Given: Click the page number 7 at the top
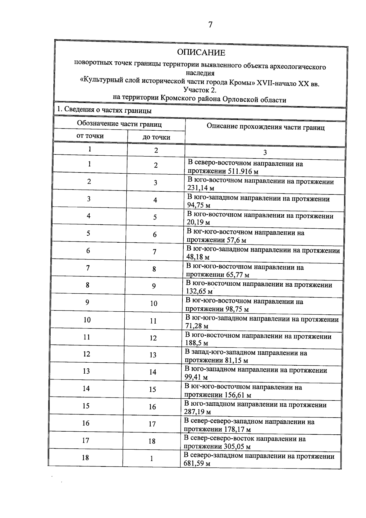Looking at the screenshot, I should tap(210, 25).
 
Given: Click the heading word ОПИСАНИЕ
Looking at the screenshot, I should tap(201, 53).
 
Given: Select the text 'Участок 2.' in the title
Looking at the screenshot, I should tap(200, 90).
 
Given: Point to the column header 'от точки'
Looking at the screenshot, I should tap(90, 136).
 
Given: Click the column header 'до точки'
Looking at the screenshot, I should tap(156, 137).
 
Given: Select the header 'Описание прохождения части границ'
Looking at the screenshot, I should tap(265, 127).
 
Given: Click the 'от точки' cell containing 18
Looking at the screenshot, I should tap(85, 458).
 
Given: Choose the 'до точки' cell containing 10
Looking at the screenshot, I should tap(154, 303).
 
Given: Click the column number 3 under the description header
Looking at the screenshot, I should tap(265, 153).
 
